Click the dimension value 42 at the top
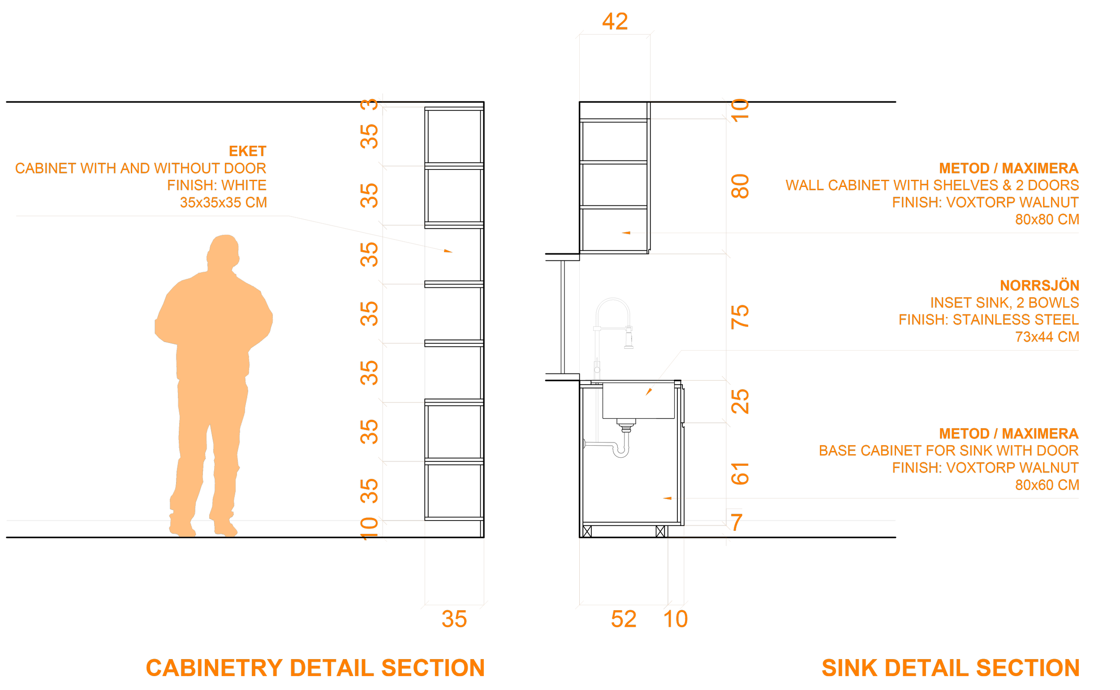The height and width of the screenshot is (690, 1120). pyautogui.click(x=615, y=22)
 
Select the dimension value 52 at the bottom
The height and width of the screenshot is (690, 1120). pyautogui.click(x=623, y=619)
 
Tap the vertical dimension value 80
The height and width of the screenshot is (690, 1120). pyautogui.click(x=740, y=186)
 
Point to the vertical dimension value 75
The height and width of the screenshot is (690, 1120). pyautogui.click(x=740, y=316)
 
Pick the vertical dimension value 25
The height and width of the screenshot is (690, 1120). pyautogui.click(x=740, y=402)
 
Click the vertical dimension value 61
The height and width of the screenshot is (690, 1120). pyautogui.click(x=740, y=473)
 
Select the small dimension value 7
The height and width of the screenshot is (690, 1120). pyautogui.click(x=737, y=523)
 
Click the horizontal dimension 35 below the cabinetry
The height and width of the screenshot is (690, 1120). pyautogui.click(x=454, y=619)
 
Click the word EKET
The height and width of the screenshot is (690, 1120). pyautogui.click(x=247, y=151)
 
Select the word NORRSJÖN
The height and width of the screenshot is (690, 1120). pyautogui.click(x=1039, y=286)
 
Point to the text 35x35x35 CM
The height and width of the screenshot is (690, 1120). pyautogui.click(x=223, y=202)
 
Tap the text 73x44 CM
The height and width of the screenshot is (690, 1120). pyautogui.click(x=1047, y=337)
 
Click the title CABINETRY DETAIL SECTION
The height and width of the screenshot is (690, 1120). pyautogui.click(x=315, y=668)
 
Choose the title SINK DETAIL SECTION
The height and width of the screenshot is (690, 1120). pyautogui.click(x=950, y=668)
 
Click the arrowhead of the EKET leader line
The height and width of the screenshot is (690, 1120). pyautogui.click(x=449, y=251)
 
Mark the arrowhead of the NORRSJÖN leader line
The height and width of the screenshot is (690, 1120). pyautogui.click(x=648, y=392)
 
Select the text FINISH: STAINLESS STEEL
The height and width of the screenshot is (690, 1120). pyautogui.click(x=989, y=319)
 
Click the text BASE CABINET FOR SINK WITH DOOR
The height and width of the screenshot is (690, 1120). pyautogui.click(x=948, y=451)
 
